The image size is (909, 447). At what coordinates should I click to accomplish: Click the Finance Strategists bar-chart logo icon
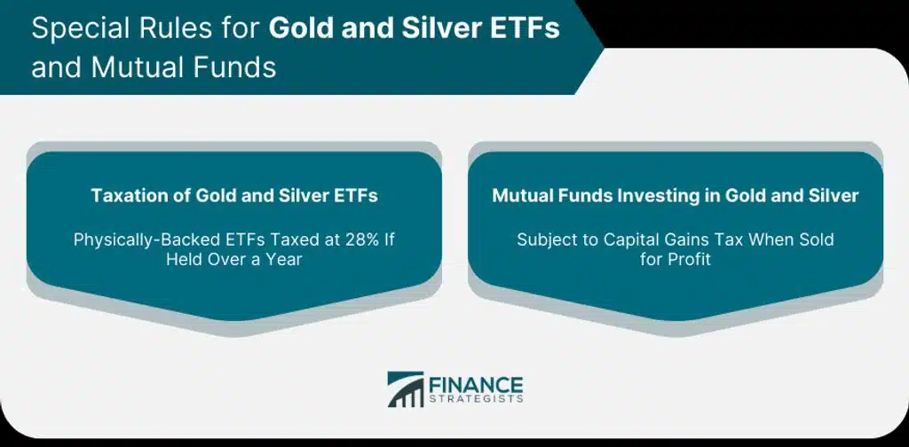click(405, 388)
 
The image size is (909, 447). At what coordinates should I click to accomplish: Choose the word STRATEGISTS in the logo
click(476, 399)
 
